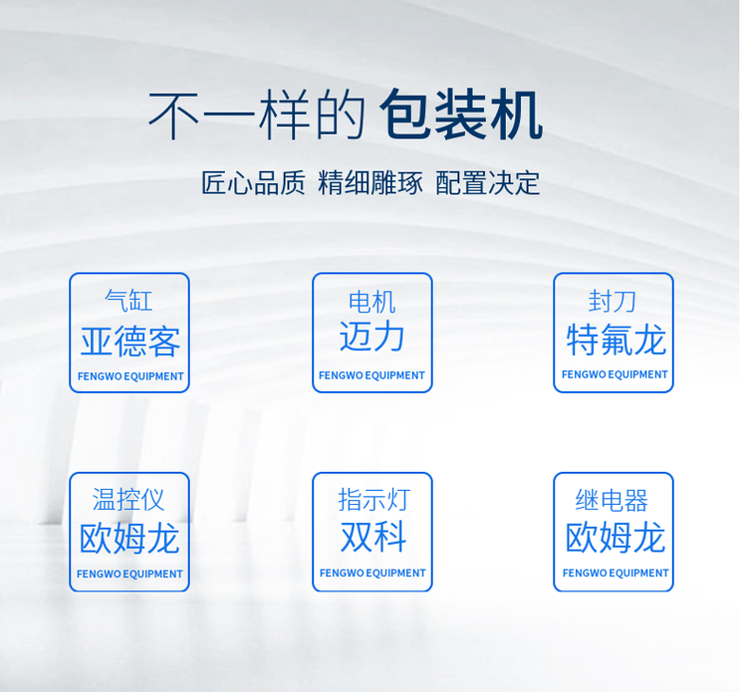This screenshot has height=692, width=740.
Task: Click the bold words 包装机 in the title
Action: click(x=461, y=115)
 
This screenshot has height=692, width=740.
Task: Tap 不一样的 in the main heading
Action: click(x=257, y=115)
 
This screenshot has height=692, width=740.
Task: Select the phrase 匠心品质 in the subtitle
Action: click(x=253, y=183)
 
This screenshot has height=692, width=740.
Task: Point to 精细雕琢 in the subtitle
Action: click(x=370, y=183)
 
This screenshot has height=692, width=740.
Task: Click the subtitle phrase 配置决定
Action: click(x=488, y=183)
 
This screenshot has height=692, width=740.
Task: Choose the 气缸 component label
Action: click(x=129, y=300)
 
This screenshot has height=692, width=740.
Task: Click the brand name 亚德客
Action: click(x=129, y=342)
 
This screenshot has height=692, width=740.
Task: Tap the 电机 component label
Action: click(x=371, y=301)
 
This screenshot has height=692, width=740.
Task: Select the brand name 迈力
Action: click(x=371, y=337)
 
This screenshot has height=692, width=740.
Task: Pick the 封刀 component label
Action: click(x=613, y=301)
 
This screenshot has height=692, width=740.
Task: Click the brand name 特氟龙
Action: click(x=615, y=340)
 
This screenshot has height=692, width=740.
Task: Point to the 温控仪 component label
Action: click(x=128, y=499)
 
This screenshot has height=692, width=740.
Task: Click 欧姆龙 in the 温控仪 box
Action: click(x=129, y=539)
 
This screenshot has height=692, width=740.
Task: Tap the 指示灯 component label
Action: click(x=373, y=499)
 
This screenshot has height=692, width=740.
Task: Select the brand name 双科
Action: click(x=372, y=537)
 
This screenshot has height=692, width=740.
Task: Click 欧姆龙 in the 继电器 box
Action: click(x=615, y=538)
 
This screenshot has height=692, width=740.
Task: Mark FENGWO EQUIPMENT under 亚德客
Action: click(x=130, y=376)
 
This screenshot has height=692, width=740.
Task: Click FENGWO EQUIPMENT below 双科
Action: click(x=372, y=574)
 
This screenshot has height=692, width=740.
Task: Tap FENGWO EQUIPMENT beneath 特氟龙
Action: click(x=615, y=374)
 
